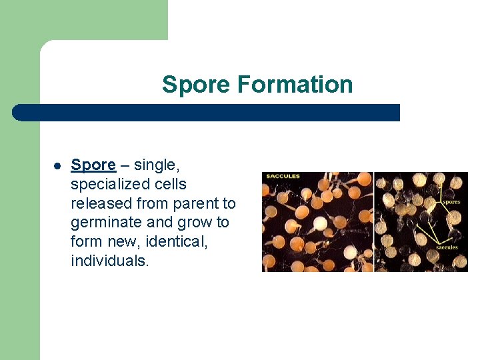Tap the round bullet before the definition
coord(57,165)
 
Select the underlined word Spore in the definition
coord(93,165)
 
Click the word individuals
coord(110,261)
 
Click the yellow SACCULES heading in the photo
coord(283,177)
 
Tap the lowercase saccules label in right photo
coord(447,247)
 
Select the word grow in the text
coord(197,223)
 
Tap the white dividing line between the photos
coord(374,222)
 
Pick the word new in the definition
coord(122,241)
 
